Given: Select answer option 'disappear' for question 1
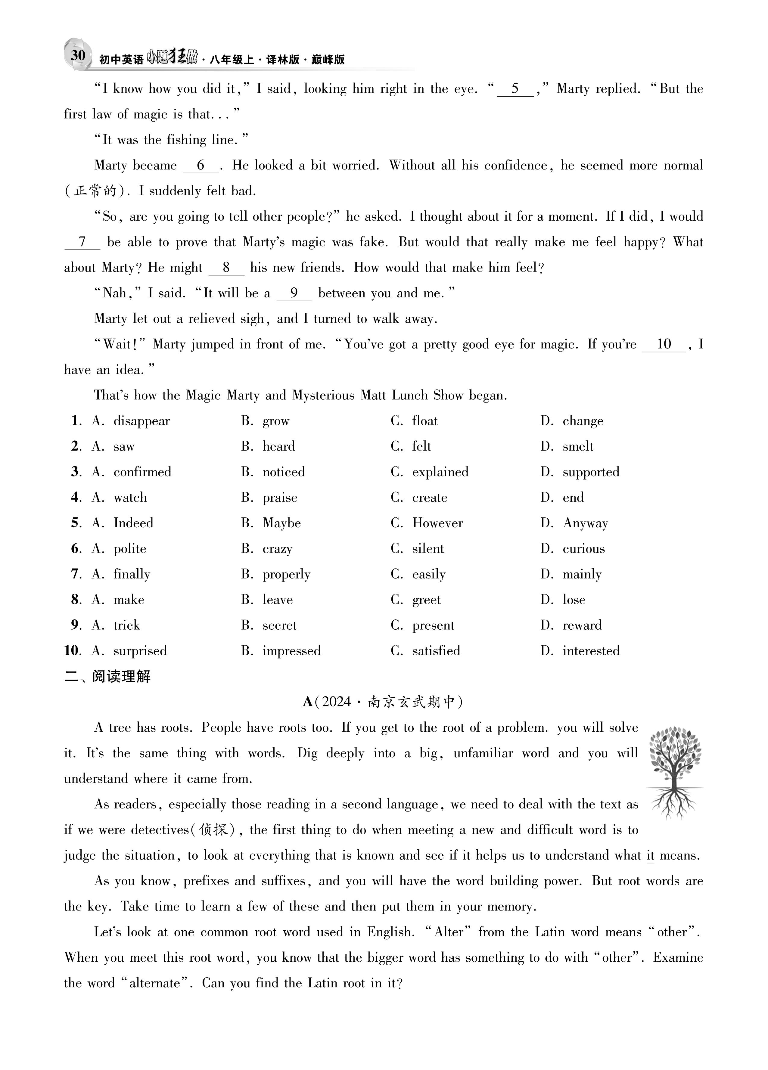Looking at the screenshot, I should tap(141, 421).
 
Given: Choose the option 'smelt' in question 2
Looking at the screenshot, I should tap(577, 446).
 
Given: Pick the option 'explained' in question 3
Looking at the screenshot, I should tap(440, 472).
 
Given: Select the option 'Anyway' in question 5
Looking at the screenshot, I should tap(585, 523).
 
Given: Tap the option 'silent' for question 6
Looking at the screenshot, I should tap(428, 549).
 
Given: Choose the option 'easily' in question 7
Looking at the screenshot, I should tap(429, 574).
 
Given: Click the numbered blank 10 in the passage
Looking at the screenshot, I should tap(664, 344).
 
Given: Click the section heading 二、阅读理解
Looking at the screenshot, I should tap(107, 677).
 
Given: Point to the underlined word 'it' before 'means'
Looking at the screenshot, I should tap(651, 855).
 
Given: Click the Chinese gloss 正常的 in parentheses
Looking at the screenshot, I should tap(95, 191).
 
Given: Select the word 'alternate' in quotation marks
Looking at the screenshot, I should tap(155, 983).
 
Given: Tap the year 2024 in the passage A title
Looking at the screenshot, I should tap(337, 702).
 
